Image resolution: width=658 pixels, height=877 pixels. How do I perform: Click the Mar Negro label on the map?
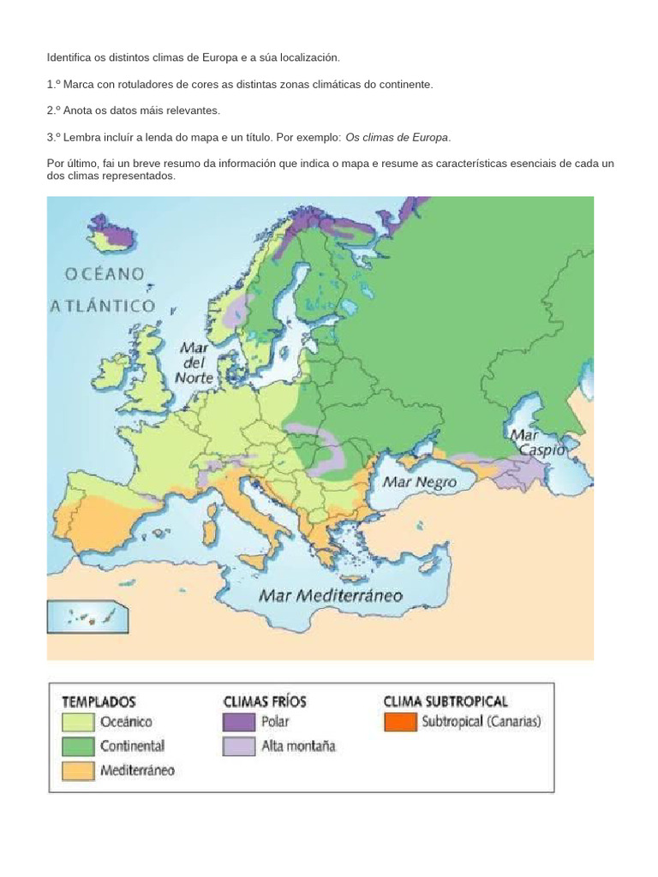419,482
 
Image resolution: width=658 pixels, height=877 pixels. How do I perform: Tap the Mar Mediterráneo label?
331,595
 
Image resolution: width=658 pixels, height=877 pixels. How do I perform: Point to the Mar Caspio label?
539,442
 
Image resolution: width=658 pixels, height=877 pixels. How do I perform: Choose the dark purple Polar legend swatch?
239,722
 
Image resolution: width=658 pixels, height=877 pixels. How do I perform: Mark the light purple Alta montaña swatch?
239,746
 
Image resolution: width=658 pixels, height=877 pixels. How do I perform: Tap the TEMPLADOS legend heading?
99,701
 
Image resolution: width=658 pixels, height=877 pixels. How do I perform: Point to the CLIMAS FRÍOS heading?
264,701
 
